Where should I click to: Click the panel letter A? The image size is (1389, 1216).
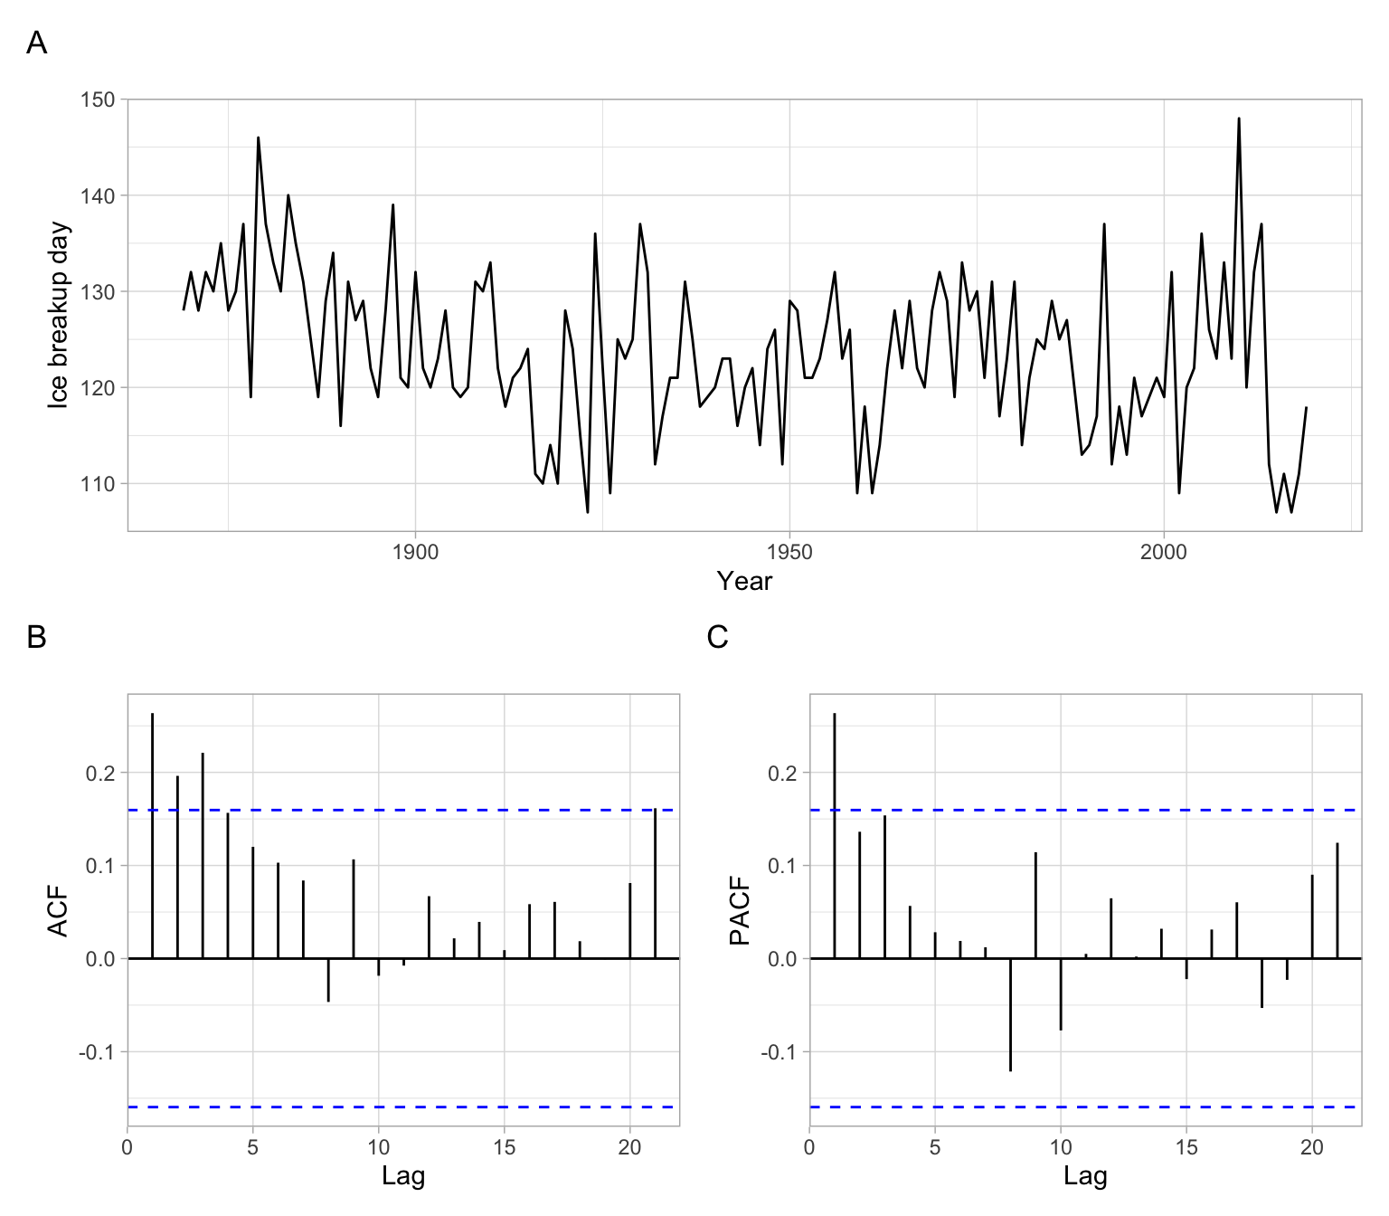tap(36, 43)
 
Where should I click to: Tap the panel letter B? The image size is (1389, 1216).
tap(36, 637)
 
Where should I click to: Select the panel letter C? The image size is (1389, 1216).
tap(717, 637)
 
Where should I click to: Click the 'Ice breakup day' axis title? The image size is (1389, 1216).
tap(58, 315)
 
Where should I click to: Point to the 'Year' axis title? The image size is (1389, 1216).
tap(744, 582)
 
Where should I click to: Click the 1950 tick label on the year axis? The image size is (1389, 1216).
tap(789, 552)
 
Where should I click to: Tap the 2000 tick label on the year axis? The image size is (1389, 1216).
tap(1164, 552)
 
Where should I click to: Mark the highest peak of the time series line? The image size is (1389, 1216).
tap(1239, 119)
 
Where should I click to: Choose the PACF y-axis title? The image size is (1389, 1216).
tap(740, 911)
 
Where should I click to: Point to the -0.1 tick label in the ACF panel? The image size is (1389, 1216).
tap(98, 1052)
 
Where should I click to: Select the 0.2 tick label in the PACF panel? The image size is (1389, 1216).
tap(783, 774)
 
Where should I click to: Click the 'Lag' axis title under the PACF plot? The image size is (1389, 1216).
tap(1085, 1176)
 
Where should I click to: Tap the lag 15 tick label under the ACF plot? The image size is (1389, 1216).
tap(505, 1147)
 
